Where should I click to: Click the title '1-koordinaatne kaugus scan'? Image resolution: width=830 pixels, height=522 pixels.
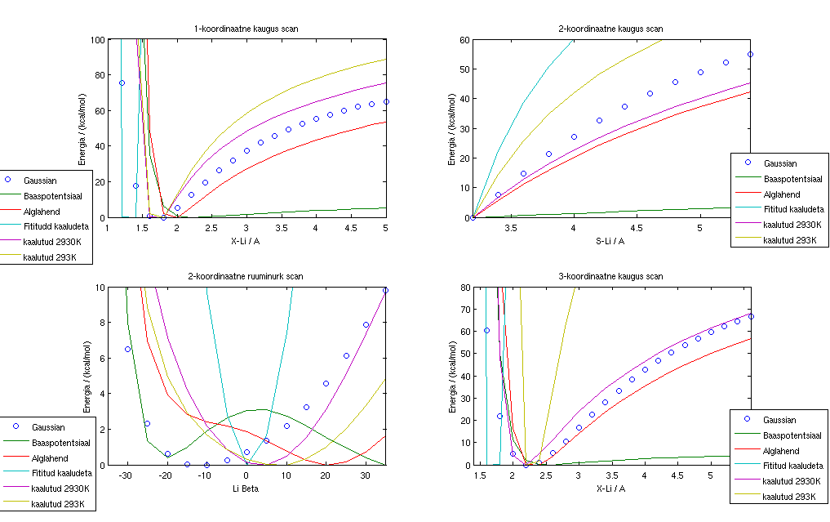246,29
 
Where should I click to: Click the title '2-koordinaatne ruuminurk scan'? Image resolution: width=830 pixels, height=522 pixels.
246,277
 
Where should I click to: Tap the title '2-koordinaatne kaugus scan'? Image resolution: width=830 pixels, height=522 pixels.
611,29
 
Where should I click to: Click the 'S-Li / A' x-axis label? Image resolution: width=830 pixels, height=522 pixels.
611,240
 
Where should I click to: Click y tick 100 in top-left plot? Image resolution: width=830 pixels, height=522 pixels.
97,39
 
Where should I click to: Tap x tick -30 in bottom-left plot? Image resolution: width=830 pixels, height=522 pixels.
126,475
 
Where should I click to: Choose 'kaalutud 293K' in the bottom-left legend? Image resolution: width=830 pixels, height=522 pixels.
54,504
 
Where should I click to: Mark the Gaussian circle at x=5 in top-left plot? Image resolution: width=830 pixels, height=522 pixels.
386,102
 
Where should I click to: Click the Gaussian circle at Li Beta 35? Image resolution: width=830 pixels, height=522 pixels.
385,290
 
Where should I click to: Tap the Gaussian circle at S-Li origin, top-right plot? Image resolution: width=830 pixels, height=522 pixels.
473,217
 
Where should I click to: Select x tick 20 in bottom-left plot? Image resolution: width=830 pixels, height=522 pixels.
326,475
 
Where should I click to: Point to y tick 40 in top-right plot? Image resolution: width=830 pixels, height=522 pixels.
466,99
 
